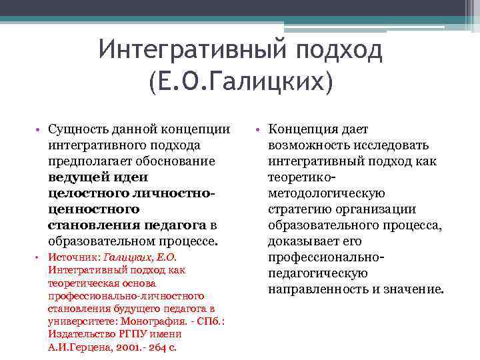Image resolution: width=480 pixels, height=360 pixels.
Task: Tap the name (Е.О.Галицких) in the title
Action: (240, 83)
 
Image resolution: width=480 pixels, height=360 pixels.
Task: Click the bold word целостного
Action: (83, 193)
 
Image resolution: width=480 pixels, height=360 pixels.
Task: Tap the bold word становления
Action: (88, 225)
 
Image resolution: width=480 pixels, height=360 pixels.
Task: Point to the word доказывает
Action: (300, 241)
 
